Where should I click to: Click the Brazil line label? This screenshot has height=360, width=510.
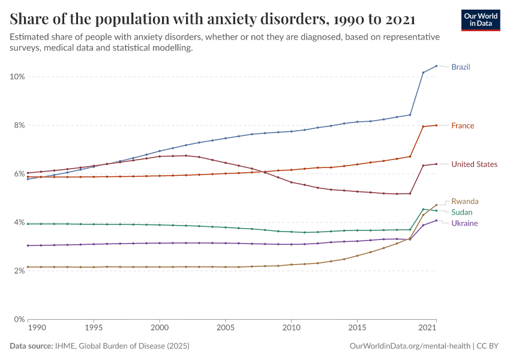click(460, 67)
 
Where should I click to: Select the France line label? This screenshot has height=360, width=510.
click(463, 126)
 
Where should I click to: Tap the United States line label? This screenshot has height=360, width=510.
click(474, 164)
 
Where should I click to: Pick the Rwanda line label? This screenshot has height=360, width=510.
click(465, 202)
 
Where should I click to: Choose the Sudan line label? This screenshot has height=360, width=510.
click(462, 212)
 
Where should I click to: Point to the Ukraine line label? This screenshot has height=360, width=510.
click(464, 223)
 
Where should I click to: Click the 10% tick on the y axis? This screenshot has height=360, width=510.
click(17, 77)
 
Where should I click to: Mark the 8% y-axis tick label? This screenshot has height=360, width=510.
click(19, 125)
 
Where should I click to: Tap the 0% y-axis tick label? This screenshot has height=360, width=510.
click(19, 319)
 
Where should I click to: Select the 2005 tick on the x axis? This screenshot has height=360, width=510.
click(225, 329)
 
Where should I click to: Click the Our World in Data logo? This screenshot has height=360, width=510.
click(481, 20)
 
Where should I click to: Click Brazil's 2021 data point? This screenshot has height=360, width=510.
click(436, 66)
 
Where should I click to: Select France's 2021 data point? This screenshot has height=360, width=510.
click(436, 125)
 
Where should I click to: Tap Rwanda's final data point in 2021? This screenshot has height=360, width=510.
click(436, 205)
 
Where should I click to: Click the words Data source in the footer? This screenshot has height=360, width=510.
click(31, 346)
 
